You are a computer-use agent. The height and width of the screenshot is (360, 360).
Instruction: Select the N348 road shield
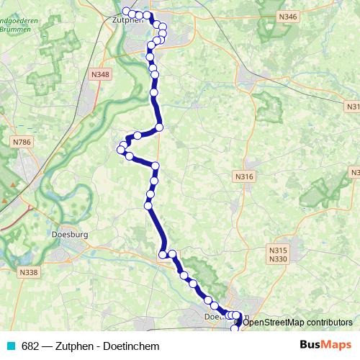[x=100, y=74]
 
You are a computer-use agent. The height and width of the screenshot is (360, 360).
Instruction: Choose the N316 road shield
[x=244, y=176]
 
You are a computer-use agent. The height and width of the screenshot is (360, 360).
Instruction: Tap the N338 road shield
[x=29, y=271]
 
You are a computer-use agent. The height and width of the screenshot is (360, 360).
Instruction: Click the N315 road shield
[x=278, y=249]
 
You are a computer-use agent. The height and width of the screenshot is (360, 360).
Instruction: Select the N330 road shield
[x=278, y=258]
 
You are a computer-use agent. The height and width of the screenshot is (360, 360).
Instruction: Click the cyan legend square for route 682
[x=11, y=346]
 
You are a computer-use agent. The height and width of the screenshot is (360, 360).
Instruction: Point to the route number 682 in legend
[x=30, y=346]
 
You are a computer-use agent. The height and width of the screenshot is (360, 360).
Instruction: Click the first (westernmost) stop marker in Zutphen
[x=126, y=11]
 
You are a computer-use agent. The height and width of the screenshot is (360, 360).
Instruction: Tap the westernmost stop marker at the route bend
[x=120, y=149]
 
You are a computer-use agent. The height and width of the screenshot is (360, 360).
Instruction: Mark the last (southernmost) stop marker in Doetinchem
[x=234, y=329]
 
